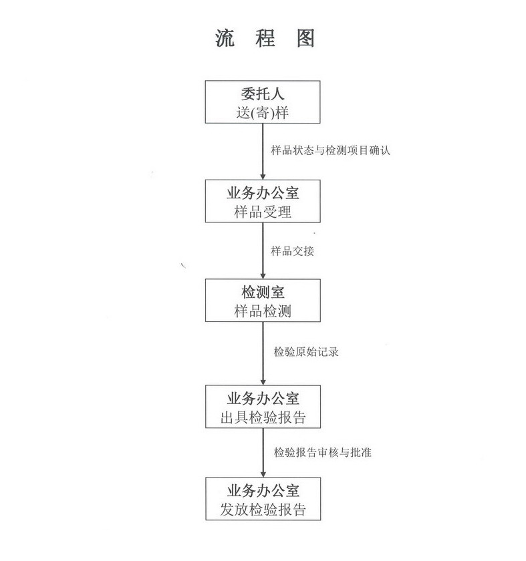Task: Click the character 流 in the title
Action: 225,38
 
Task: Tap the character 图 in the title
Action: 305,38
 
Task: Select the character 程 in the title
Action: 265,38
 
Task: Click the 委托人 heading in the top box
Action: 263,94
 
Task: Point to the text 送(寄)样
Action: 263,113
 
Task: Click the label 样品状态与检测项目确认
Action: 330,150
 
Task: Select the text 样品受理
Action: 263,212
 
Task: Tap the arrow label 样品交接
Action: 292,251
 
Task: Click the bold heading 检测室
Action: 263,292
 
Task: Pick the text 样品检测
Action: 263,311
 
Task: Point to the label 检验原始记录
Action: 306,352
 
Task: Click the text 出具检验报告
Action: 263,417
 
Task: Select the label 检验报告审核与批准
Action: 322,453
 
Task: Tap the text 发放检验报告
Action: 263,510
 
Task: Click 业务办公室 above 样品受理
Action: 263,193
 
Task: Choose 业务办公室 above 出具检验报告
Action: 263,399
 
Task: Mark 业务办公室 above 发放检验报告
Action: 263,491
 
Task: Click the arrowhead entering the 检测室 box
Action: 263,276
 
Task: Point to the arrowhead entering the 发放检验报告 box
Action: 263,474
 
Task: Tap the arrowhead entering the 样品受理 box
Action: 263,177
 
